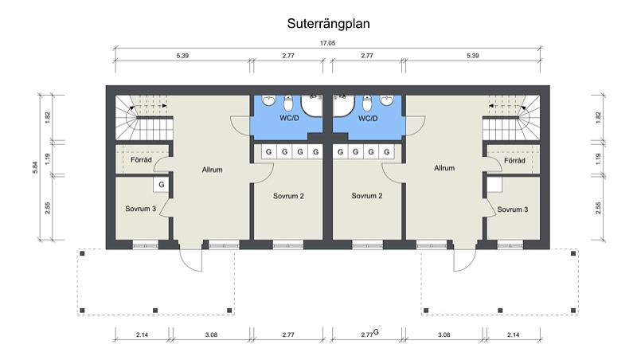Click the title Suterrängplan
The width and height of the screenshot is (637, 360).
coord(328,24)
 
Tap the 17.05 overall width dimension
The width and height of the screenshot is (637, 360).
coord(327,43)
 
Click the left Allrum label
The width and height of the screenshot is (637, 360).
coord(212,170)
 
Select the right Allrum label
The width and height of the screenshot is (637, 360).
coord(444,168)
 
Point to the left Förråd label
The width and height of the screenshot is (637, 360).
coord(141,159)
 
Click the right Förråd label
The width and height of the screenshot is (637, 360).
coord(514,161)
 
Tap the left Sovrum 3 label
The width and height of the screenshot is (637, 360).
coord(141,209)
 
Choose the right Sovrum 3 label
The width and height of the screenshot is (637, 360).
coord(513,209)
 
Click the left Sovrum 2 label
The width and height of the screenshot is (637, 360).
coord(288,196)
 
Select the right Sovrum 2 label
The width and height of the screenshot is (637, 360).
coord(367,195)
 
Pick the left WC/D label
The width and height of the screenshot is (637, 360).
coord(288,118)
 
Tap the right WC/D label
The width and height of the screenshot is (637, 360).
coord(368,118)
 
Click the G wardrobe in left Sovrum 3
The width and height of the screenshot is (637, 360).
coord(162,185)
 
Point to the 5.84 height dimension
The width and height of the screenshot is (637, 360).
coord(35,167)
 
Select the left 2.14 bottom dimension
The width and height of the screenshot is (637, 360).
coord(142,335)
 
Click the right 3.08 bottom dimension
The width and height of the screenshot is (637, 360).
coord(444,335)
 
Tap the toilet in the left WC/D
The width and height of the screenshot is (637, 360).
coord(288,103)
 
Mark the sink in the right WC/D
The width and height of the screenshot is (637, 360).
coord(386,100)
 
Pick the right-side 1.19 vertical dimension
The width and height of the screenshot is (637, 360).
coord(598,158)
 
